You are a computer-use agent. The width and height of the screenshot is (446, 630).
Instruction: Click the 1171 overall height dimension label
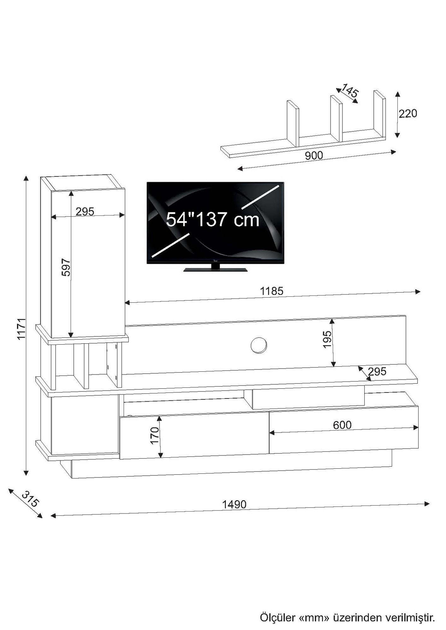tap(21, 329)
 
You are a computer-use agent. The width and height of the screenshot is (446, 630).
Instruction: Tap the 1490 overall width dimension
tap(234, 505)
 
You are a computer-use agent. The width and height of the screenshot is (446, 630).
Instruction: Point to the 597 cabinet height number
tap(66, 268)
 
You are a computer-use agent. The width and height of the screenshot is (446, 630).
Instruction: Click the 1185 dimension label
tap(271, 291)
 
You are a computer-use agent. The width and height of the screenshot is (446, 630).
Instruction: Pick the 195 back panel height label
tap(327, 339)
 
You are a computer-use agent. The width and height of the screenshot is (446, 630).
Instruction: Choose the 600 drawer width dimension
tap(342, 425)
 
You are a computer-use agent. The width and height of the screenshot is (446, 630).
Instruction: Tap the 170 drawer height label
tap(155, 436)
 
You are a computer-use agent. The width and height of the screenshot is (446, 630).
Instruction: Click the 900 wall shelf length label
tap(314, 155)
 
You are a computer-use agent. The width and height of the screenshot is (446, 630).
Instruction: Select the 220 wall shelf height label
tap(408, 113)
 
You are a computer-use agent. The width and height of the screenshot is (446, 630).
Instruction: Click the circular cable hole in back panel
tap(259, 345)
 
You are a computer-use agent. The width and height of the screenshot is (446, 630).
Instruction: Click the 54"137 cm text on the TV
tap(213, 220)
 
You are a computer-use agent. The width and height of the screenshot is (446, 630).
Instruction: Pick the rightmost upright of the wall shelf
tap(379, 113)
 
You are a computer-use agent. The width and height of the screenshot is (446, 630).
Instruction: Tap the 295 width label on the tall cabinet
tap(85, 212)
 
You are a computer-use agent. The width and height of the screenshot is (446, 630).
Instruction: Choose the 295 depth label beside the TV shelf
tap(377, 372)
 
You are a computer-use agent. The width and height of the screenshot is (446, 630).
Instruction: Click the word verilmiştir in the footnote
tap(409, 609)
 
